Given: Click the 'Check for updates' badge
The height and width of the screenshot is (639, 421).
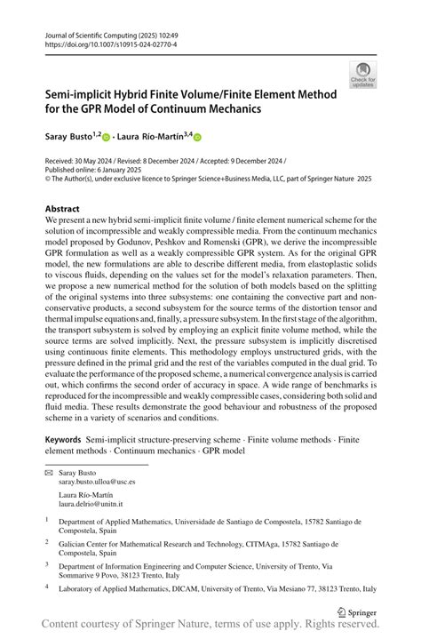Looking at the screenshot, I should [x=361, y=75].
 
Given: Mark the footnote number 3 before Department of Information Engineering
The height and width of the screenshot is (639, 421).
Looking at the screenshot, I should [x=46, y=563].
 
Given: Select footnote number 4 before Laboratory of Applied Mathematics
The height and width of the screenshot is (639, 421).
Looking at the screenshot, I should [x=46, y=587].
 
